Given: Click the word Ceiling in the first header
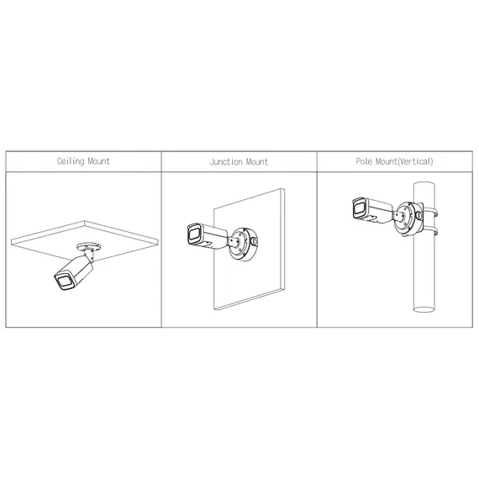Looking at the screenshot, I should pyautogui.click(x=71, y=161).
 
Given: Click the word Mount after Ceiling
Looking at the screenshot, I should pyautogui.click(x=98, y=161).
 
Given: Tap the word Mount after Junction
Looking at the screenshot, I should pyautogui.click(x=256, y=161).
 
